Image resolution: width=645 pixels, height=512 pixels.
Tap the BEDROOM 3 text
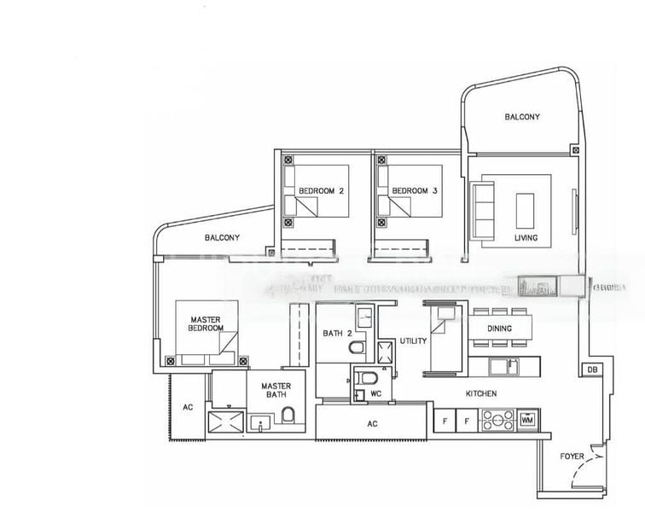point(414,190)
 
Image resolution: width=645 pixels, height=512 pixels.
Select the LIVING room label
point(526,238)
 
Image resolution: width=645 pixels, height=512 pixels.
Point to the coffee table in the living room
point(526,210)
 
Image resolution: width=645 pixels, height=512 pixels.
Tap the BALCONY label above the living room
point(521,117)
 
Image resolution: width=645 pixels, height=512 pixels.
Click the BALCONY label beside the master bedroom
point(222,238)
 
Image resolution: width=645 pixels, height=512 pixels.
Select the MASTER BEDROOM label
point(206,324)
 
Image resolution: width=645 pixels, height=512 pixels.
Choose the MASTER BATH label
point(276,391)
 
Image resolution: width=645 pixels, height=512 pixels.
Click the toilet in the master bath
point(288,416)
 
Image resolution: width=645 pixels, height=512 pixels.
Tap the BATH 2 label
point(337,333)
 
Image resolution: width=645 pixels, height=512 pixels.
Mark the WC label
point(375,394)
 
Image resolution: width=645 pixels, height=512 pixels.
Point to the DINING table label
point(500,329)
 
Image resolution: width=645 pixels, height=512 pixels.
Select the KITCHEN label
point(481,393)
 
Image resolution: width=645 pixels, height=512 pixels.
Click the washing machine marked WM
point(526,420)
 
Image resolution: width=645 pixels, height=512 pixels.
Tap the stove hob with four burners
point(497,420)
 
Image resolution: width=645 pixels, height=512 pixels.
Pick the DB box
point(591,370)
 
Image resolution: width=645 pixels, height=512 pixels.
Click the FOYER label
point(572,457)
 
